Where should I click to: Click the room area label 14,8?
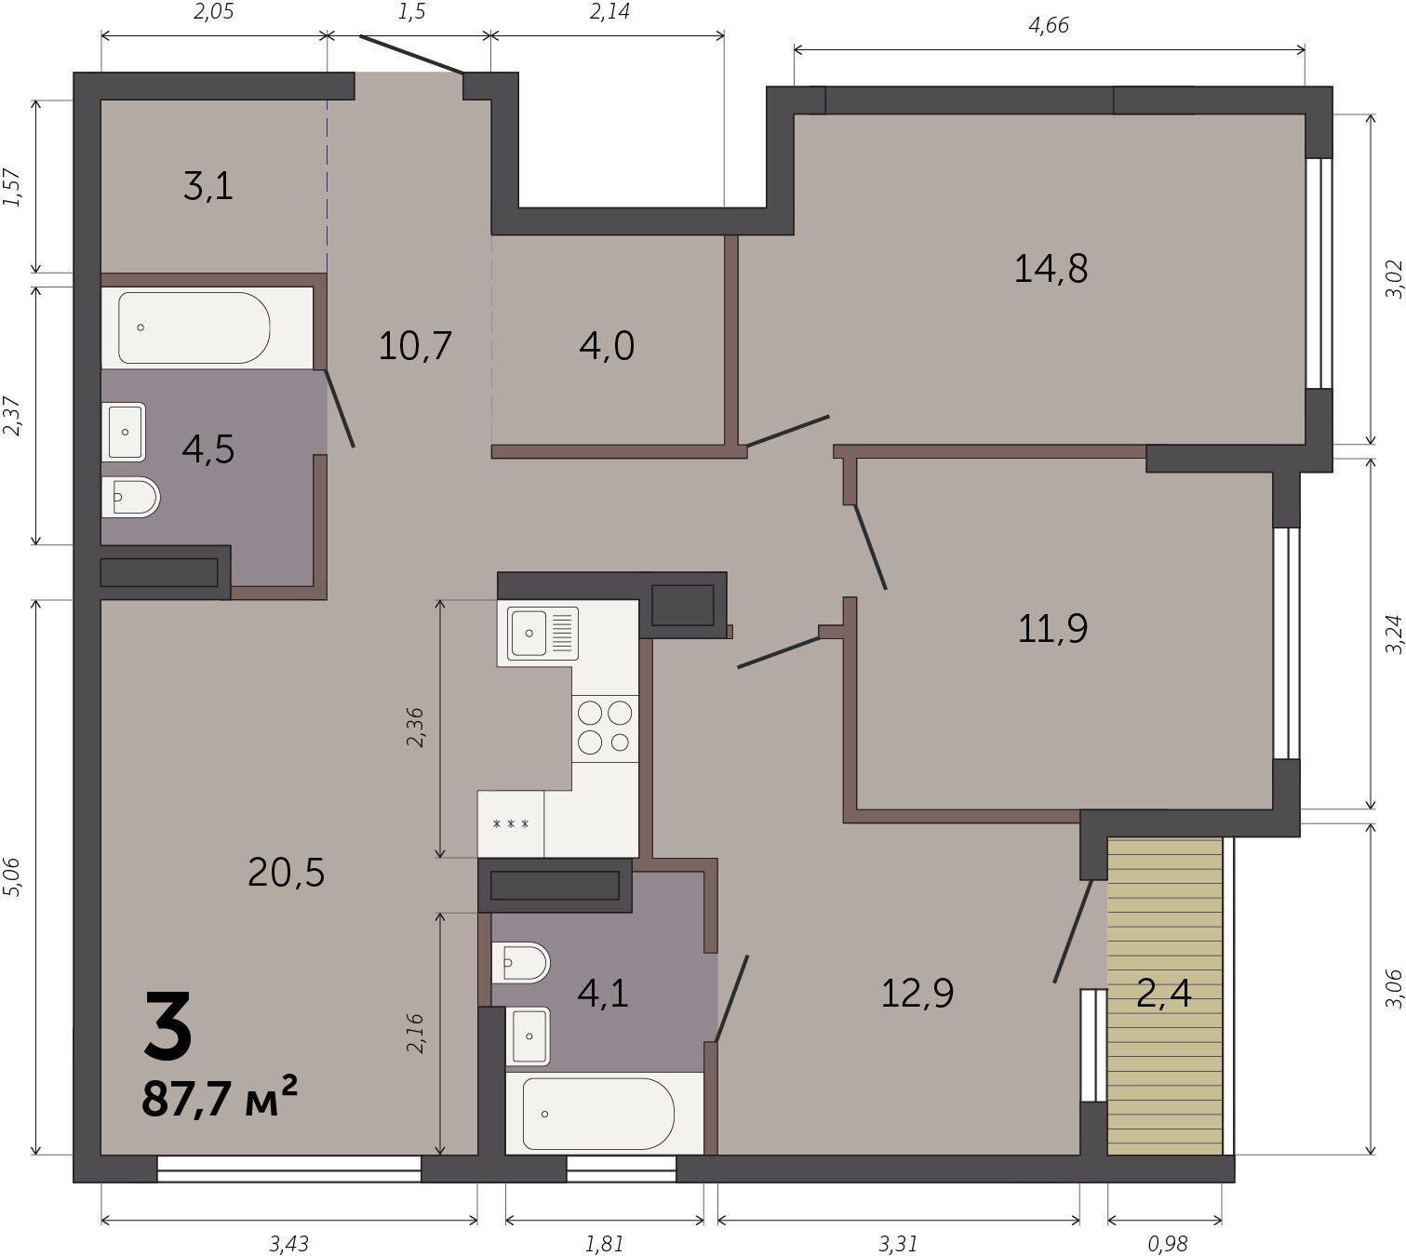[1051, 269]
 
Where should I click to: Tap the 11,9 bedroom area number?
[1052, 629]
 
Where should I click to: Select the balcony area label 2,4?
[1164, 993]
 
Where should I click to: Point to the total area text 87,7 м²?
[220, 1098]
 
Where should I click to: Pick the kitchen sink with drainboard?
[542, 633]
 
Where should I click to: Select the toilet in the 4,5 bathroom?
[131, 497]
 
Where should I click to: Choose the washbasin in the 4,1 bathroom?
[528, 1036]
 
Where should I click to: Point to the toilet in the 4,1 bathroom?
[520, 963]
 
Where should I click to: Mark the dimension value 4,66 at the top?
[1049, 25]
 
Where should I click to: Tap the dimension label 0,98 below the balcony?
[1168, 1244]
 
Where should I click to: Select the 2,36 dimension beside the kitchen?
[414, 728]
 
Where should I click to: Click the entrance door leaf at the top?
[412, 54]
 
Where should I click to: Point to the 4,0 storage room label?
[607, 345]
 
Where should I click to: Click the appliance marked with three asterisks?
[511, 824]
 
